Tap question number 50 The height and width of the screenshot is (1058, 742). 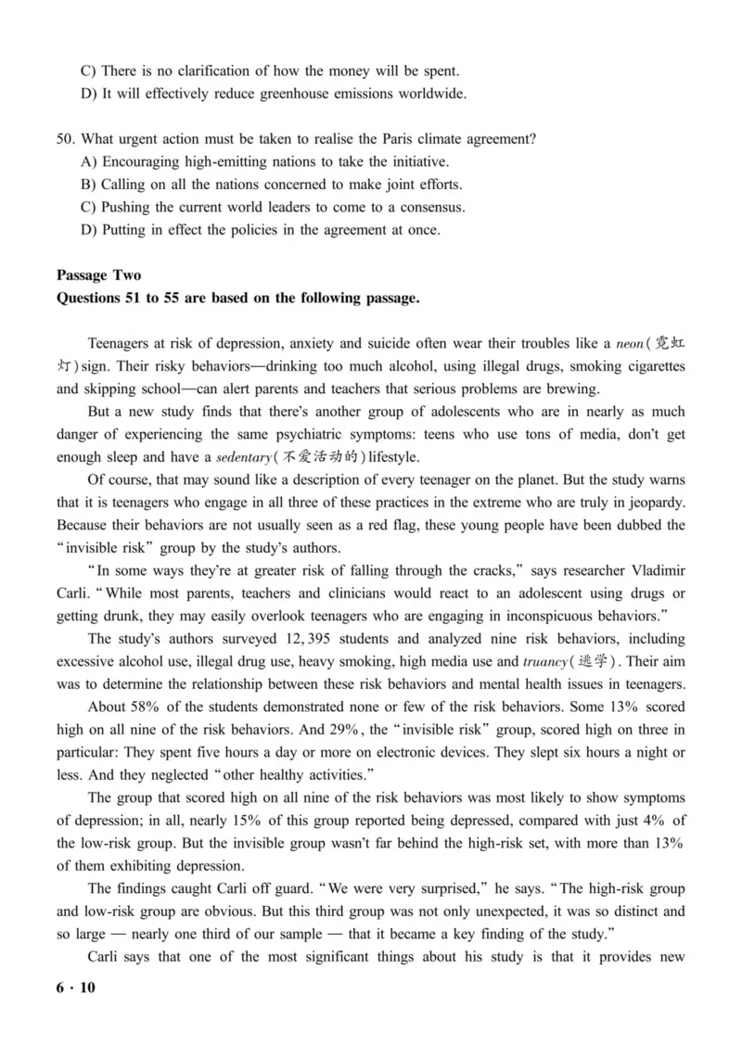65,139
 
